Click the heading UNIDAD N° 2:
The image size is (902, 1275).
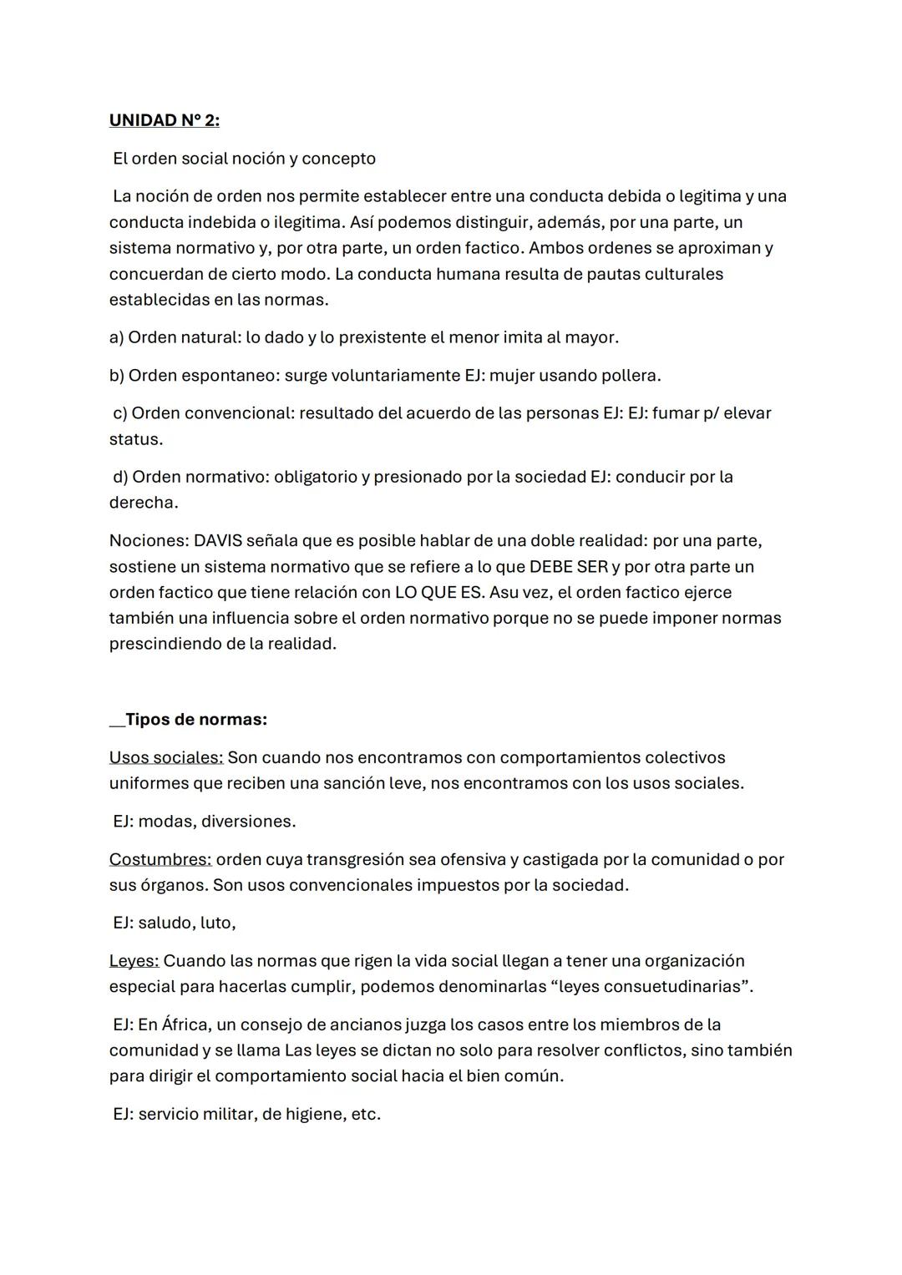tap(165, 120)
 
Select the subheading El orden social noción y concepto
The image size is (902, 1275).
tap(244, 159)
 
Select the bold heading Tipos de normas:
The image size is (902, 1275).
tap(195, 720)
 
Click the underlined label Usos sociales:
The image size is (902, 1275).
tap(165, 757)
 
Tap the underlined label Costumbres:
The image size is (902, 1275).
tap(160, 859)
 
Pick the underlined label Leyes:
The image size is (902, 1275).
tap(134, 961)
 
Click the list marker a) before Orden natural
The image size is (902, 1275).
tap(116, 337)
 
